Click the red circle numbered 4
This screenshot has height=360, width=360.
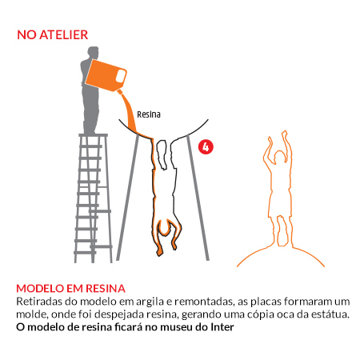click(206, 146)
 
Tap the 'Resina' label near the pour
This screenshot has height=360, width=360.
click(149, 114)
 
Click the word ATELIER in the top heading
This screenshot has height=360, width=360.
click(64, 35)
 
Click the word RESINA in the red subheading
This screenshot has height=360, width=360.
click(106, 289)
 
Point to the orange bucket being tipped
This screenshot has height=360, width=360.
click(106, 75)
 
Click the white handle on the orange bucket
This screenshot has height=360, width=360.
click(120, 77)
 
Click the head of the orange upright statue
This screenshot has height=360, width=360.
click(279, 157)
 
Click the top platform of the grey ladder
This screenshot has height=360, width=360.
click(94, 135)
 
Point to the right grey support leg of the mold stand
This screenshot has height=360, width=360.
click(198, 198)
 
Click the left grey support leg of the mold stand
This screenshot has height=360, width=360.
click(127, 198)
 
